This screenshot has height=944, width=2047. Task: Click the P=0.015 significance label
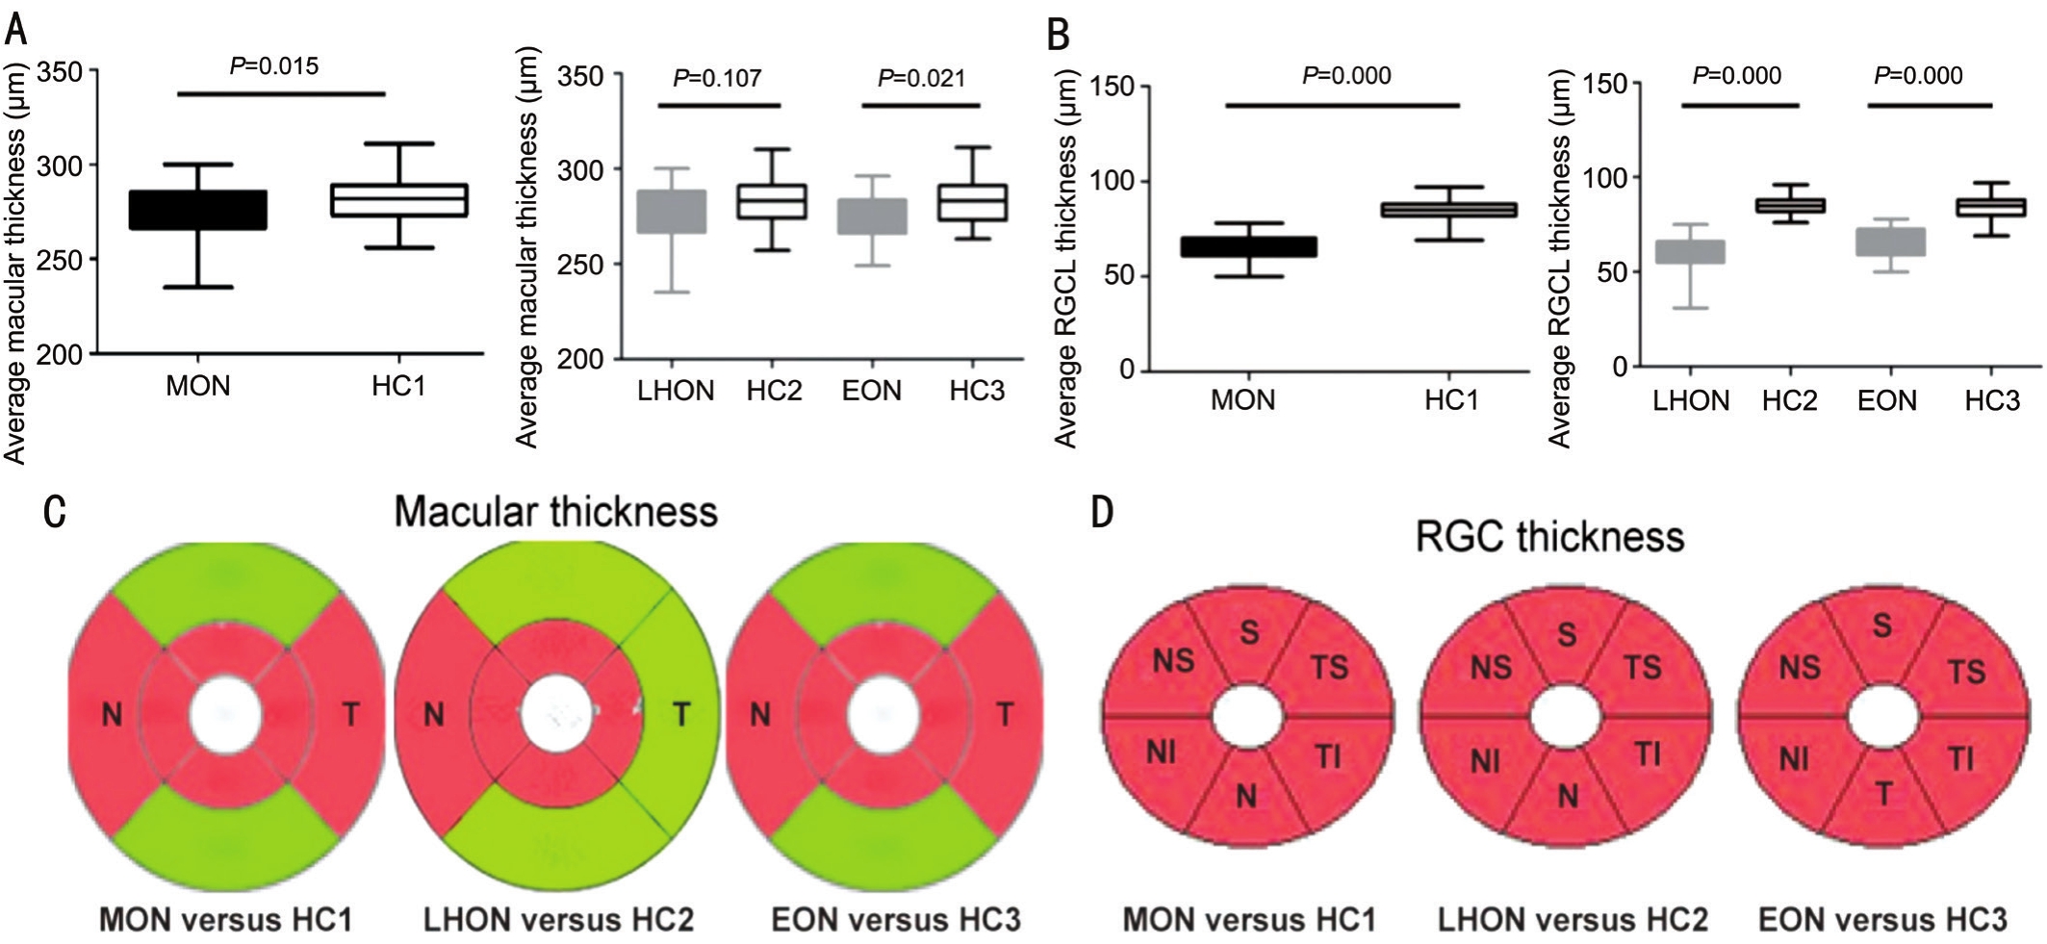click(x=273, y=66)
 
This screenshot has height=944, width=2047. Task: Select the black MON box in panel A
click(x=198, y=210)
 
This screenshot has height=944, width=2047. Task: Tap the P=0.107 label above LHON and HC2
click(x=717, y=78)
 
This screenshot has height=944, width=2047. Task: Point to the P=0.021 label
click(x=921, y=78)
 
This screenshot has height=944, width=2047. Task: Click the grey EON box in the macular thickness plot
click(x=872, y=217)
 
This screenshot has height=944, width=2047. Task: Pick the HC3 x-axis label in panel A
click(x=977, y=391)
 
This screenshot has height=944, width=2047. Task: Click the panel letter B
click(x=1059, y=36)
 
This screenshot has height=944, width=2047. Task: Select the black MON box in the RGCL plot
click(x=1248, y=247)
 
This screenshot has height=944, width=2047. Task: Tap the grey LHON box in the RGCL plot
click(x=1690, y=252)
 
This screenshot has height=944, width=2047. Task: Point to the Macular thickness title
click(x=555, y=511)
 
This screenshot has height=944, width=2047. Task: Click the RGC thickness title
click(x=1549, y=536)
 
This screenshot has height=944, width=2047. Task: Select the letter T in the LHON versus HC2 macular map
click(x=681, y=714)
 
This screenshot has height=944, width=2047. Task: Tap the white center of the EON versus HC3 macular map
click(x=883, y=715)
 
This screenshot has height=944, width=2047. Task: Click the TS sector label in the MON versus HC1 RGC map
click(x=1330, y=667)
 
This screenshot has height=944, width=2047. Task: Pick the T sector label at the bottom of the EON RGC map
click(x=1883, y=795)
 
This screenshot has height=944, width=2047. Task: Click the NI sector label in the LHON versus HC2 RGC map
click(x=1486, y=762)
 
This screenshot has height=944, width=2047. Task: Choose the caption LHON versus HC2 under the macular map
click(x=558, y=920)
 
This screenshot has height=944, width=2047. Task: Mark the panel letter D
click(x=1102, y=511)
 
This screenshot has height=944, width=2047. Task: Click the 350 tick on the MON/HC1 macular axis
click(x=61, y=71)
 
